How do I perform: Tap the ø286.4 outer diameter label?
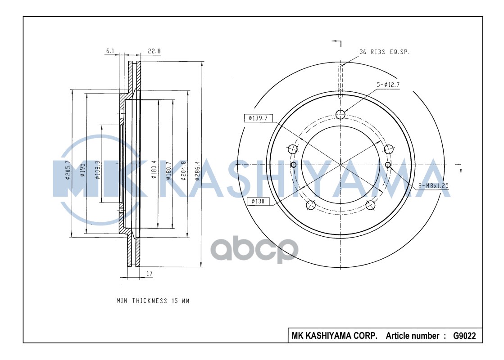(197, 171)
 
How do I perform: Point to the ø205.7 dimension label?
(68, 170)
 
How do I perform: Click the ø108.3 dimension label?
(97, 170)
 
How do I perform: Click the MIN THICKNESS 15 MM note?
(153, 301)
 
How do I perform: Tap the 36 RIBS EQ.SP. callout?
(384, 52)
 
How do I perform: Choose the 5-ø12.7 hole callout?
(388, 85)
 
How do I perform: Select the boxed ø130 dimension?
(258, 201)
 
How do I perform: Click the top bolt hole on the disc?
(341, 114)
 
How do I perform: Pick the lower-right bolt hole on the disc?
(370, 205)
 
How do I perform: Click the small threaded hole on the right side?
(388, 165)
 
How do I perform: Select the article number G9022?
(463, 336)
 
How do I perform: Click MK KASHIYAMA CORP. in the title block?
(335, 336)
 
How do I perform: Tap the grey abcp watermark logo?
(255, 250)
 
